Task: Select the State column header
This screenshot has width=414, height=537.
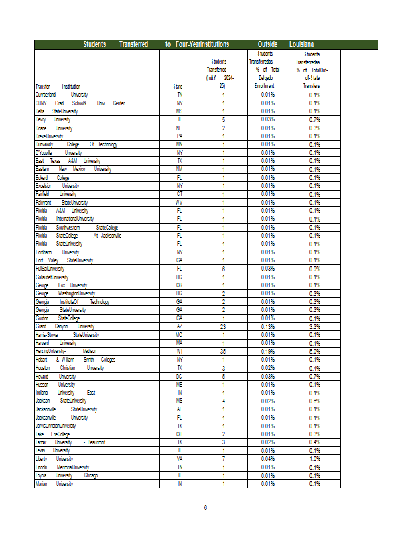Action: (x=178, y=87)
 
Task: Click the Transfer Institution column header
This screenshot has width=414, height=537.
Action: (x=58, y=87)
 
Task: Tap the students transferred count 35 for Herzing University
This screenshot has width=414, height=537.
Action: (x=223, y=350)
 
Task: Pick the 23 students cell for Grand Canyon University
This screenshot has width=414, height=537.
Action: (x=223, y=326)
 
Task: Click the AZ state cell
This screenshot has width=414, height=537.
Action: (x=179, y=326)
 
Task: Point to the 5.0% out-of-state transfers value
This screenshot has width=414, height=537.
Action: (x=314, y=350)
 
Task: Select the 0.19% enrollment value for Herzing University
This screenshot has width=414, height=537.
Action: (x=267, y=350)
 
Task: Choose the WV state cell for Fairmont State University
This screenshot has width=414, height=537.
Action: (x=179, y=202)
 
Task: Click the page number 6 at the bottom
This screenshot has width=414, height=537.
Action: (x=206, y=508)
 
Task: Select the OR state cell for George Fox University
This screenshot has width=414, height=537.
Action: (x=179, y=285)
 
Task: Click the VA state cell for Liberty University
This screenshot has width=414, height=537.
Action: (x=179, y=458)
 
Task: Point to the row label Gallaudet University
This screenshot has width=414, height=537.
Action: (x=52, y=277)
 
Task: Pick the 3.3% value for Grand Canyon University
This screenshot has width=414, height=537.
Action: (x=314, y=326)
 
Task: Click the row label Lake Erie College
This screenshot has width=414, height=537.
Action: (x=52, y=434)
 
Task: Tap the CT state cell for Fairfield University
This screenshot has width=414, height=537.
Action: (x=179, y=194)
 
